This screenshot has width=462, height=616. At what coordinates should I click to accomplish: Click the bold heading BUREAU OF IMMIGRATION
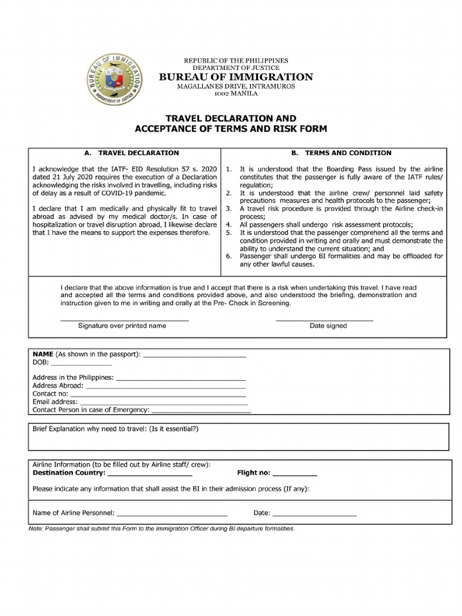tap(236, 77)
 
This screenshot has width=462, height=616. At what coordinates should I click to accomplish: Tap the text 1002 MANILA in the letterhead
tap(236, 94)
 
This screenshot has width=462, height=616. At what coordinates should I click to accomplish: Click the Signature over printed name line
tap(125, 319)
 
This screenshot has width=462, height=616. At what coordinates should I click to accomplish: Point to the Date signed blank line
tap(324, 319)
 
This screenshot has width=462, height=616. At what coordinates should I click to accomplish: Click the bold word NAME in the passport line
tap(43, 354)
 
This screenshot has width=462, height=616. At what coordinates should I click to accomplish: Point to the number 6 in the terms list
tap(229, 256)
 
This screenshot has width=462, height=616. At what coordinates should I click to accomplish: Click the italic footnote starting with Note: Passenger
tap(162, 529)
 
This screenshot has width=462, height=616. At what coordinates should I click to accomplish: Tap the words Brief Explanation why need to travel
tap(90, 430)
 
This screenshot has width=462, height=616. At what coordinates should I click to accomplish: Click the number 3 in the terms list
tap(229, 208)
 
